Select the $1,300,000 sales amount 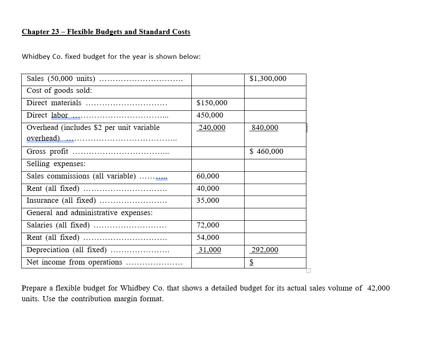268,79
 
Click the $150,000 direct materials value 212,103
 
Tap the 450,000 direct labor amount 210,115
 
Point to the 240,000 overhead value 211,128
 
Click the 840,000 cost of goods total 264,128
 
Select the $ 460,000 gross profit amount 266,152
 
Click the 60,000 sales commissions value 208,176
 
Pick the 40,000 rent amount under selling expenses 208,188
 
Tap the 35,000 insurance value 208,201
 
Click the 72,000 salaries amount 208,225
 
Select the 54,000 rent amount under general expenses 208,238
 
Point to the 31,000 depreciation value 209,250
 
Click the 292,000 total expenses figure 264,250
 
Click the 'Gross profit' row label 47,152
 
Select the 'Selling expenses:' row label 56,164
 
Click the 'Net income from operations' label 74,262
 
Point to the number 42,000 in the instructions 378,288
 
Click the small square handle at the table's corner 309,271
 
